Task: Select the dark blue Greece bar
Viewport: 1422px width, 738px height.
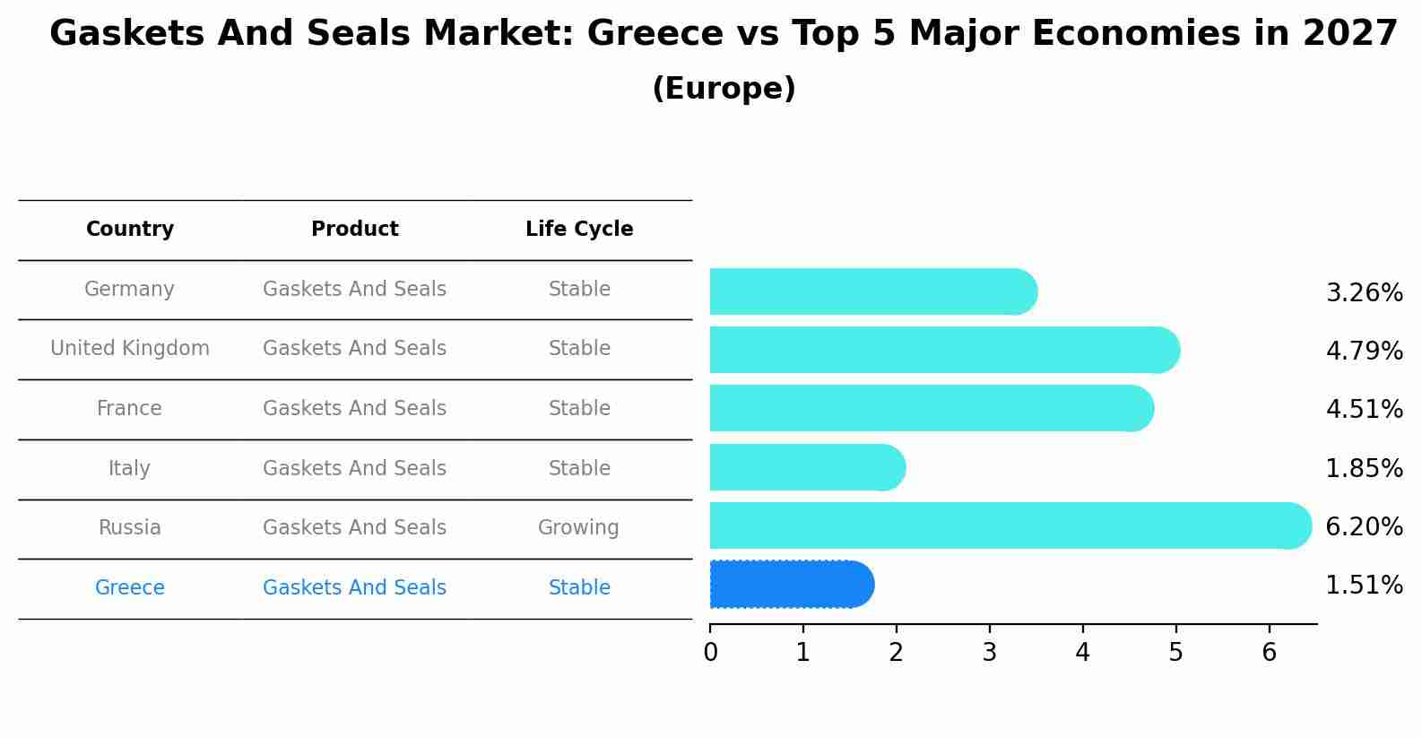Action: tap(789, 585)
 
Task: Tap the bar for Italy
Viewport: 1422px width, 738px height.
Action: tap(805, 467)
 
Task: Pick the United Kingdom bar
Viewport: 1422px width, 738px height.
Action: tap(941, 350)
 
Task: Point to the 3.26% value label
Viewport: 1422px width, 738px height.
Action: tap(1364, 293)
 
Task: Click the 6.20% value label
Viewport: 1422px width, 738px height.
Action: tap(1364, 526)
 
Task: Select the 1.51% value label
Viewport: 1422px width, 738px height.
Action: tap(1364, 586)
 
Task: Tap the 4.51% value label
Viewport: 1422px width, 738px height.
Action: tap(1364, 410)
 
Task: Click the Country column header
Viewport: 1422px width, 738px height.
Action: tap(130, 230)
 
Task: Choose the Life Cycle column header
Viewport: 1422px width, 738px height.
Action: tap(579, 230)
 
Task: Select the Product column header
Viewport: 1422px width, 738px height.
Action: tap(354, 230)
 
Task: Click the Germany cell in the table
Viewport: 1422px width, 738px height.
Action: tap(129, 290)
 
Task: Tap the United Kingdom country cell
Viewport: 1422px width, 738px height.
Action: tap(130, 349)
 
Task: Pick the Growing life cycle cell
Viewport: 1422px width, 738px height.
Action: tap(578, 528)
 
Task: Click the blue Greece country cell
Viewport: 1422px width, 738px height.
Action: tap(129, 588)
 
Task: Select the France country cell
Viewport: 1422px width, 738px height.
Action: tap(129, 409)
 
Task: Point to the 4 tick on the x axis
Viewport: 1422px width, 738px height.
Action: tap(1082, 653)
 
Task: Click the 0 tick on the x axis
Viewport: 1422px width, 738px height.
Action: tap(710, 653)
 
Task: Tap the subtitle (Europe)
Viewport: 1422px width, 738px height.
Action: tap(724, 89)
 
